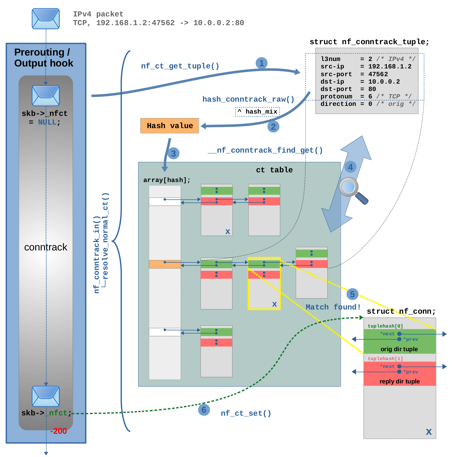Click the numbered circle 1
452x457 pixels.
point(262,63)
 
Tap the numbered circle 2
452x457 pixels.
point(273,127)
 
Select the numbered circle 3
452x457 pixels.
point(173,153)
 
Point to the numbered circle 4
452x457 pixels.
point(350,167)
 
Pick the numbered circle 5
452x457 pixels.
point(352,294)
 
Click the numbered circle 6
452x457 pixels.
point(204,410)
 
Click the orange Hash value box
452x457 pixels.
point(169,126)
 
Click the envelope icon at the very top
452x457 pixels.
point(46,19)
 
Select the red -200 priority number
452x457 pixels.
point(58,431)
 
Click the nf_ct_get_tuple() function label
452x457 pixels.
point(180,66)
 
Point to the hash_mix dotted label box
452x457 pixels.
point(257,112)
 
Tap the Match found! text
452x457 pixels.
point(333,307)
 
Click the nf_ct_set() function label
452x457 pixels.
point(246,413)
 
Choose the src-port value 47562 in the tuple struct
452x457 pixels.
point(378,74)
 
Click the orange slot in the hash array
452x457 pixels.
point(165,264)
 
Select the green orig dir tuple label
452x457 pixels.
point(399,349)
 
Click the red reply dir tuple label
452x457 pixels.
point(399,381)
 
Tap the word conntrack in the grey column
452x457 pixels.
point(46,247)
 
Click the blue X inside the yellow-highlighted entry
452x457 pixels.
point(274,304)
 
